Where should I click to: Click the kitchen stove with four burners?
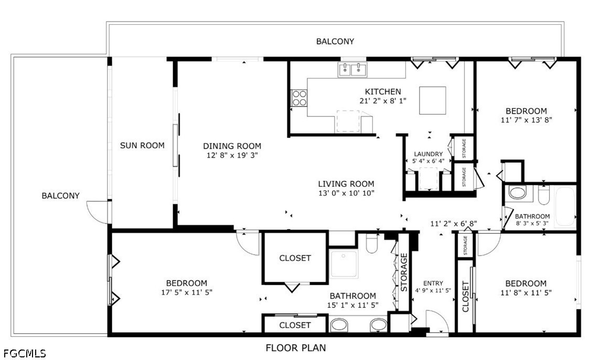coord(299,98)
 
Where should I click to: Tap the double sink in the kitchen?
coord(352,70)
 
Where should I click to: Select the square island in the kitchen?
coord(432,100)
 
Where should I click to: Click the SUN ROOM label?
coord(142,145)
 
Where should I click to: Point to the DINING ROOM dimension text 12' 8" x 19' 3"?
coord(232,155)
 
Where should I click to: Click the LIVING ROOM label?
coord(346,184)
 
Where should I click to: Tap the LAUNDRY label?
coord(428,154)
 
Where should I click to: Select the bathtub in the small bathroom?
coord(565,207)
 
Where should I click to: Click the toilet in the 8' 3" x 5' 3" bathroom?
coord(543,195)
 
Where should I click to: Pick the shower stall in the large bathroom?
coord(344,264)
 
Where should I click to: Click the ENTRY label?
coord(433,283)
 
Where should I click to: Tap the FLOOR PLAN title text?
coord(296,348)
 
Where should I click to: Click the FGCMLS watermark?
coord(25,353)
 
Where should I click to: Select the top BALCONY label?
coord(335,41)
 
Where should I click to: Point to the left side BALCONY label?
coord(60,196)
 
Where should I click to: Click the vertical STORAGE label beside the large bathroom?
coord(404,272)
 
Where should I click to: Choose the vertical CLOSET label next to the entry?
coord(465,297)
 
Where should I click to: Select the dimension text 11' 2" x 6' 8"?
coord(454,224)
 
